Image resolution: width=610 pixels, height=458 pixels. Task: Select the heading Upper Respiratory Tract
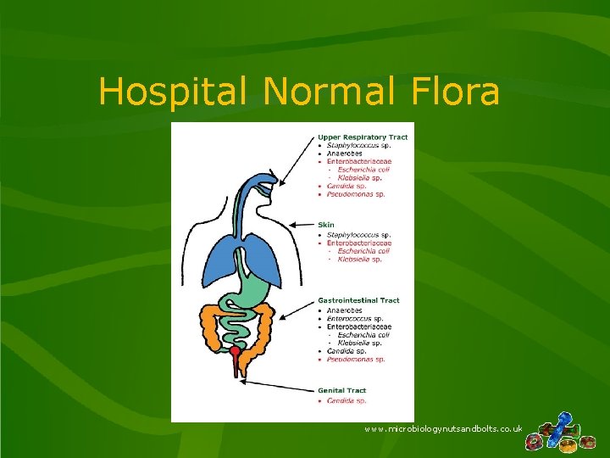pyautogui.click(x=363, y=137)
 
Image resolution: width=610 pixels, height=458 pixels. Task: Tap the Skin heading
pyautogui.click(x=326, y=225)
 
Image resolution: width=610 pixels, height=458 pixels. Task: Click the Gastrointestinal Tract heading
pyautogui.click(x=358, y=300)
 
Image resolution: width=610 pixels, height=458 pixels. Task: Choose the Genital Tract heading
pyautogui.click(x=343, y=391)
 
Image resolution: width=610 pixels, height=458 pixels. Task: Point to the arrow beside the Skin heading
pyautogui.click(x=301, y=225)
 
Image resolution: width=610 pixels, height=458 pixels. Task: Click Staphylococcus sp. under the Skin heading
pyautogui.click(x=358, y=234)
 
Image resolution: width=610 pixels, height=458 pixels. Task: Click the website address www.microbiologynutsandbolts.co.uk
pyautogui.click(x=443, y=430)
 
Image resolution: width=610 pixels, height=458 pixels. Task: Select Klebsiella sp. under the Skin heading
pyautogui.click(x=359, y=260)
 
